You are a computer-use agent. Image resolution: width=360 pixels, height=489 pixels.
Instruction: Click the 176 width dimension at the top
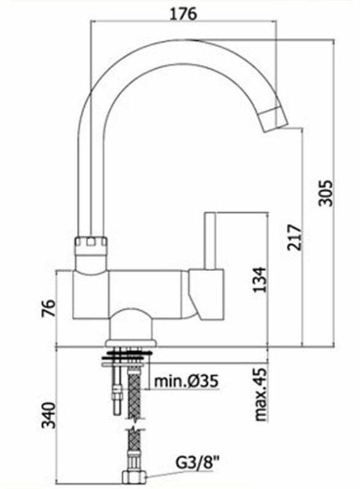pos(184,13)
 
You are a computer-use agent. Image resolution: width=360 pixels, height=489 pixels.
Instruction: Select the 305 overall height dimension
pos(328,192)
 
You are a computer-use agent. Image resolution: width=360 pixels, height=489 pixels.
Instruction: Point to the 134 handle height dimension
pos(260,279)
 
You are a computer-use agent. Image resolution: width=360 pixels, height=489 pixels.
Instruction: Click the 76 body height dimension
pos(48,308)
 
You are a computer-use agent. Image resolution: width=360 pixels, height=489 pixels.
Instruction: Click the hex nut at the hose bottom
pos(136,477)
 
